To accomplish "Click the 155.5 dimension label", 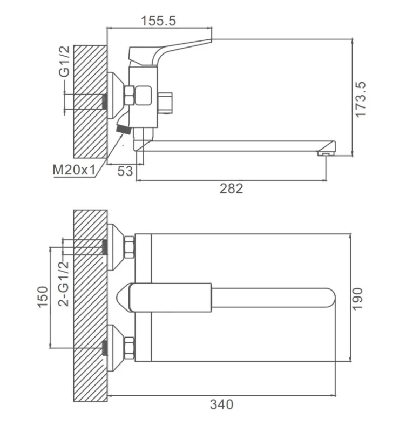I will pos(159,21).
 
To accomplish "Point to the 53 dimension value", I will pos(125,171).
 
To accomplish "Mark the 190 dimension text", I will pos(358,299).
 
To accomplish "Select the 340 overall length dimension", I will pos(221,403).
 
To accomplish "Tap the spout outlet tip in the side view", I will pos(326,154).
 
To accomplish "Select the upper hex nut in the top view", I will pos(130,247).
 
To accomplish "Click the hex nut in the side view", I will pos(130,96).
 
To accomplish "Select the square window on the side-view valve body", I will pos(143,97).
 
